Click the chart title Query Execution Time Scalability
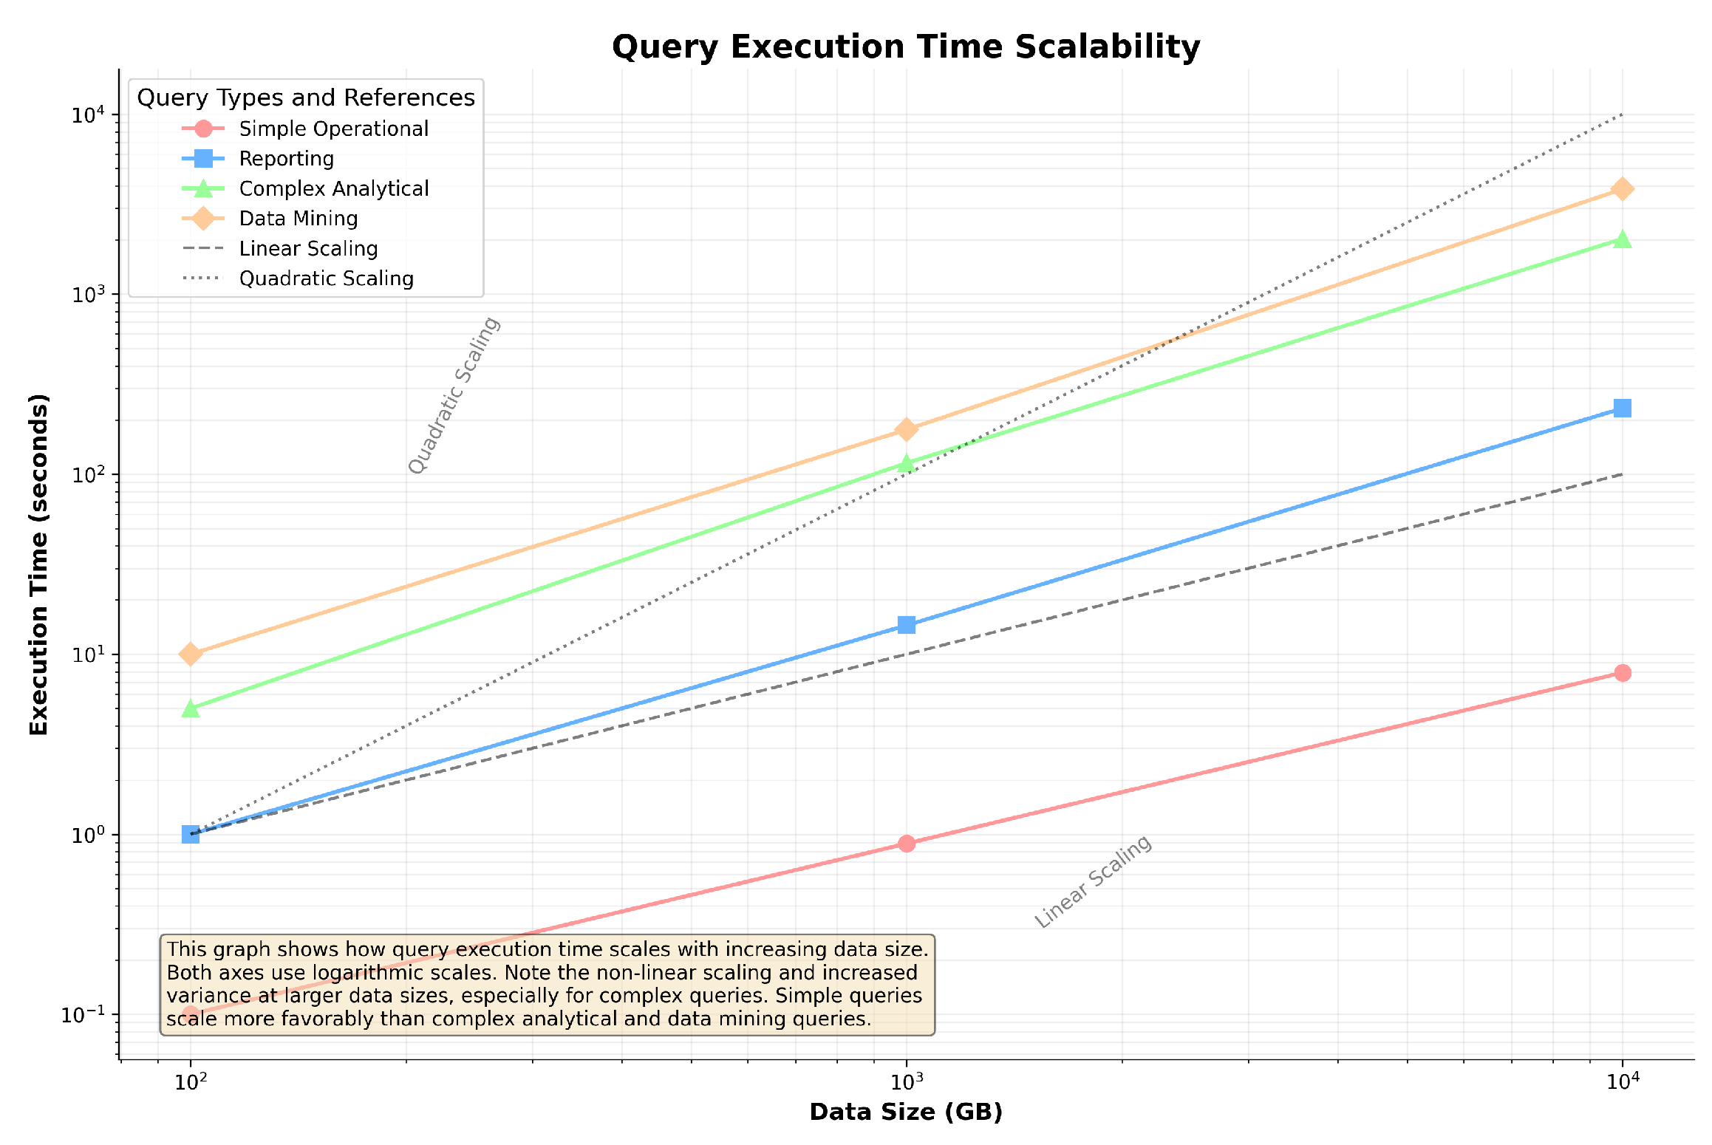pos(906,47)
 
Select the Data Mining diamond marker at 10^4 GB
pos(1622,189)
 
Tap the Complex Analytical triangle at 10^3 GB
pos(907,463)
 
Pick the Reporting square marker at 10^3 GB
pos(907,625)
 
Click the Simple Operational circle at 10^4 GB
pos(1622,673)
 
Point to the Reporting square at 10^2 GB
pos(191,834)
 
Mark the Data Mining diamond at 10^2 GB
pos(191,654)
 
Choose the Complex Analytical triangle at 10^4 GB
pos(1622,239)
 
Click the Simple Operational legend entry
pos(333,129)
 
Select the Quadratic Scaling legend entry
pos(326,279)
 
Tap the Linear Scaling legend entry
pos(308,249)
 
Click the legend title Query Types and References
pos(306,98)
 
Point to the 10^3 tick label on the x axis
pos(906,1082)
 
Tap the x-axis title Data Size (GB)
pos(906,1112)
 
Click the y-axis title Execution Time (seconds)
pos(39,564)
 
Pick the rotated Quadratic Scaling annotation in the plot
pos(454,396)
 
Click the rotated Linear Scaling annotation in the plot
pos(1093,881)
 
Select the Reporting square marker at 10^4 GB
pos(1622,408)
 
